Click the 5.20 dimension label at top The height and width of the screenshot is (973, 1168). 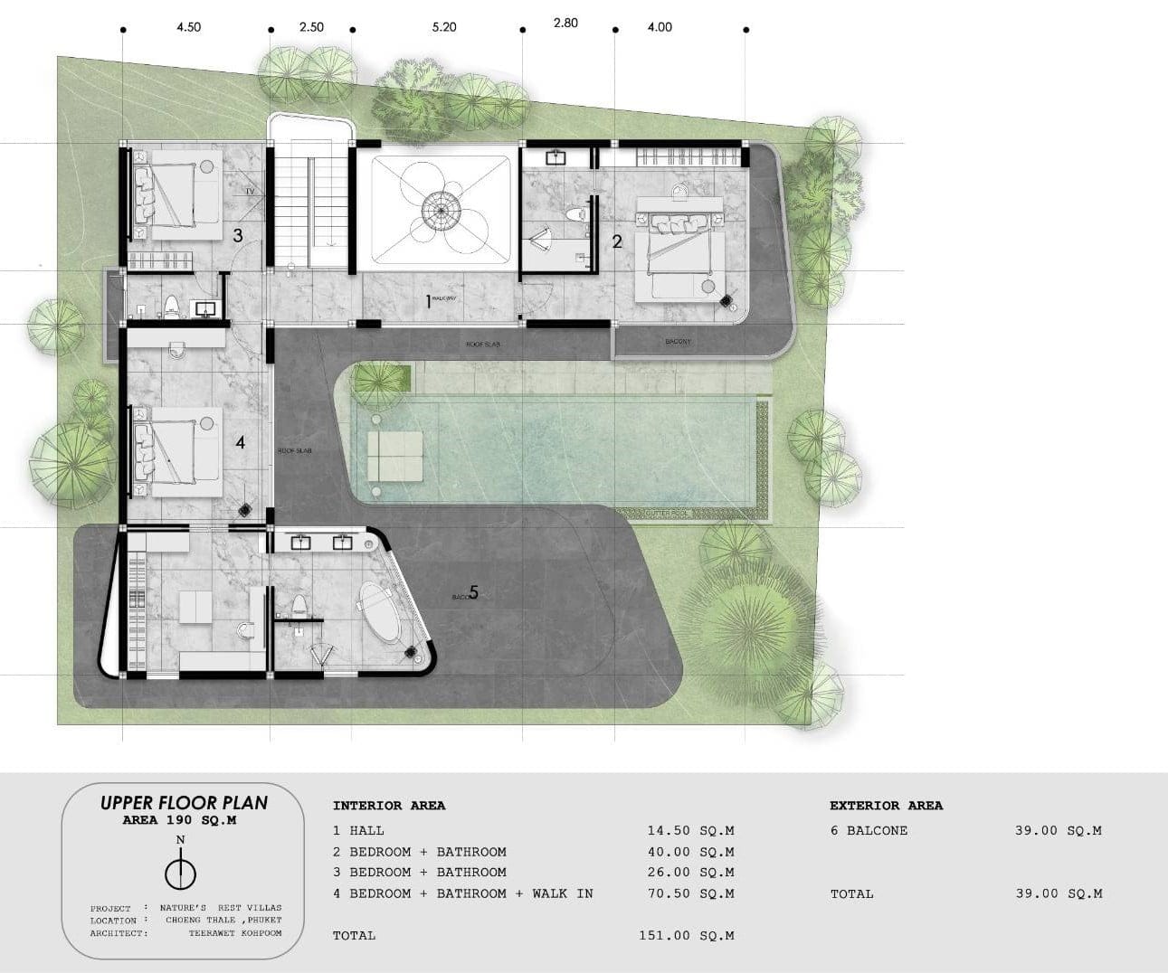click(x=444, y=27)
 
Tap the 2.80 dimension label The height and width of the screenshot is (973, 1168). click(x=565, y=23)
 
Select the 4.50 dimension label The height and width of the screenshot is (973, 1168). click(x=188, y=27)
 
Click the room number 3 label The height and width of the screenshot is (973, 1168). click(x=238, y=236)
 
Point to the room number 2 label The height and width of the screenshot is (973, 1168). click(x=617, y=241)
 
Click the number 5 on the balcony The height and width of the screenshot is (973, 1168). click(x=472, y=592)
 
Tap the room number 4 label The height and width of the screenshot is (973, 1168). click(x=240, y=442)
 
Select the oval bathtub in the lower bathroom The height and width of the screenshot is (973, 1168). click(x=379, y=612)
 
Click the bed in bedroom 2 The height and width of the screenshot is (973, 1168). click(x=677, y=248)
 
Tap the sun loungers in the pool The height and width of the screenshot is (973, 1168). click(x=394, y=455)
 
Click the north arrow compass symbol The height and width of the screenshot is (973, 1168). click(x=181, y=873)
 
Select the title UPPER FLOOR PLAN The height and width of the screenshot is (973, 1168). click(x=184, y=802)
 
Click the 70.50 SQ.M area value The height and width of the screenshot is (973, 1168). click(x=689, y=893)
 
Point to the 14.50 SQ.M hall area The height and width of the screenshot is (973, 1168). click(x=689, y=830)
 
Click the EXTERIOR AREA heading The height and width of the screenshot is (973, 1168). click(x=886, y=805)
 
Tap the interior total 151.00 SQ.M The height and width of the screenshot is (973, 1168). click(x=686, y=935)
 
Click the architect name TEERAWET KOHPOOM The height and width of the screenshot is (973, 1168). click(x=235, y=932)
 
